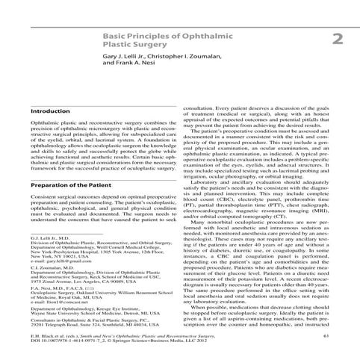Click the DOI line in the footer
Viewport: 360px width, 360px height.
click(x=112, y=344)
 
